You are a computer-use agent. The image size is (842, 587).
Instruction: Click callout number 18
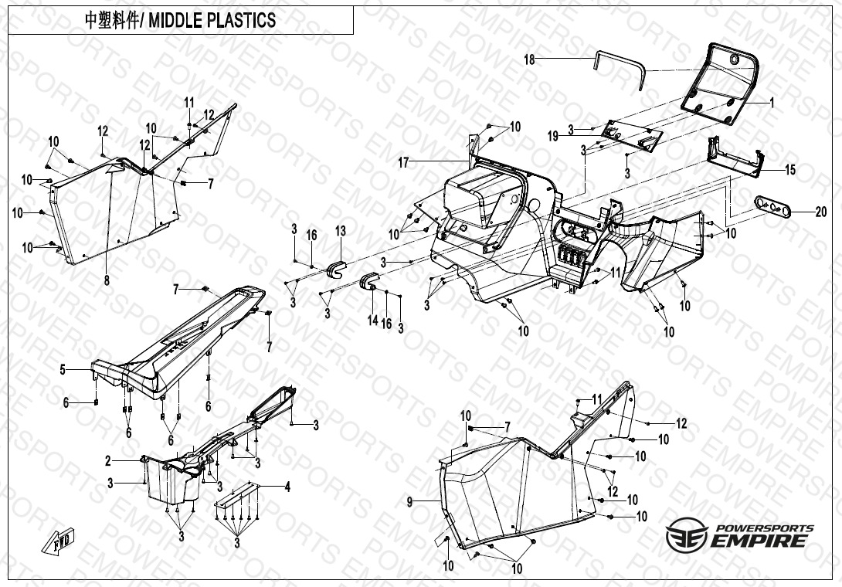pyautogui.click(x=530, y=59)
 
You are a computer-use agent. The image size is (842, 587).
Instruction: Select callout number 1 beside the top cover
pyautogui.click(x=771, y=102)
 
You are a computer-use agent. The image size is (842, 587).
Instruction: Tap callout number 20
pyautogui.click(x=820, y=212)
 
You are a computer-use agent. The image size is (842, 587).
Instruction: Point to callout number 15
pyautogui.click(x=789, y=170)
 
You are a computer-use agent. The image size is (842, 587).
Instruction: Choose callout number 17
pyautogui.click(x=403, y=162)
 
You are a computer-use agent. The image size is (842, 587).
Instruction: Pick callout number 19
pyautogui.click(x=553, y=137)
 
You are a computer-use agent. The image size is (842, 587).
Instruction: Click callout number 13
pyautogui.click(x=341, y=230)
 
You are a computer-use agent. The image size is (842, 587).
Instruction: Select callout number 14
pyautogui.click(x=372, y=319)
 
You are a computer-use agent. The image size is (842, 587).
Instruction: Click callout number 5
pyautogui.click(x=63, y=370)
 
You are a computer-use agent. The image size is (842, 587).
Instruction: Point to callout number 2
pyautogui.click(x=108, y=461)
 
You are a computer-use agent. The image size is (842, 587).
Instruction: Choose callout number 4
pyautogui.click(x=287, y=487)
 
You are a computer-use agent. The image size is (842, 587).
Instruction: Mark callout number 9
pyautogui.click(x=410, y=502)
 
